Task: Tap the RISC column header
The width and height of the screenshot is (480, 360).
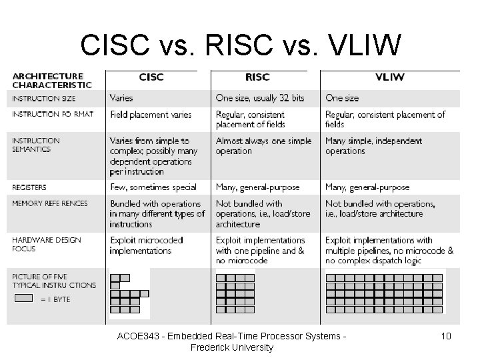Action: tap(257, 77)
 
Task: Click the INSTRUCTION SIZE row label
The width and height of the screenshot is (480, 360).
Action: tap(43, 99)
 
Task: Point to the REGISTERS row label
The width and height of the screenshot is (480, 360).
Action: tap(30, 187)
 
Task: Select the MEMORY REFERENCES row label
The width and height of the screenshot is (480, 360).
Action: tap(50, 203)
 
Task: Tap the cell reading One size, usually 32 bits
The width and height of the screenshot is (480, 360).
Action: tap(259, 98)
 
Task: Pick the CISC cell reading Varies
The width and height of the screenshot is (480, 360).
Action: tap(121, 98)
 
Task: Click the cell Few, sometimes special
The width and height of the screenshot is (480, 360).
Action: tap(153, 187)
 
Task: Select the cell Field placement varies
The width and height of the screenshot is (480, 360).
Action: tap(151, 115)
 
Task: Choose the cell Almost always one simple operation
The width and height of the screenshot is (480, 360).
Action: tap(263, 146)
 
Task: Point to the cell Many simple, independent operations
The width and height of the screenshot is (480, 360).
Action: tap(373, 146)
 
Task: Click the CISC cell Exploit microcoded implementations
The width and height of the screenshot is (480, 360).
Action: tap(145, 245)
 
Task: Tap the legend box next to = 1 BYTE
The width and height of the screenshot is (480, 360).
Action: tap(23, 299)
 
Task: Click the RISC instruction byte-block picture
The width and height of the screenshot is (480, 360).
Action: tap(244, 293)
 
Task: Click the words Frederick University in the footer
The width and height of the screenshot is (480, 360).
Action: tap(231, 347)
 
